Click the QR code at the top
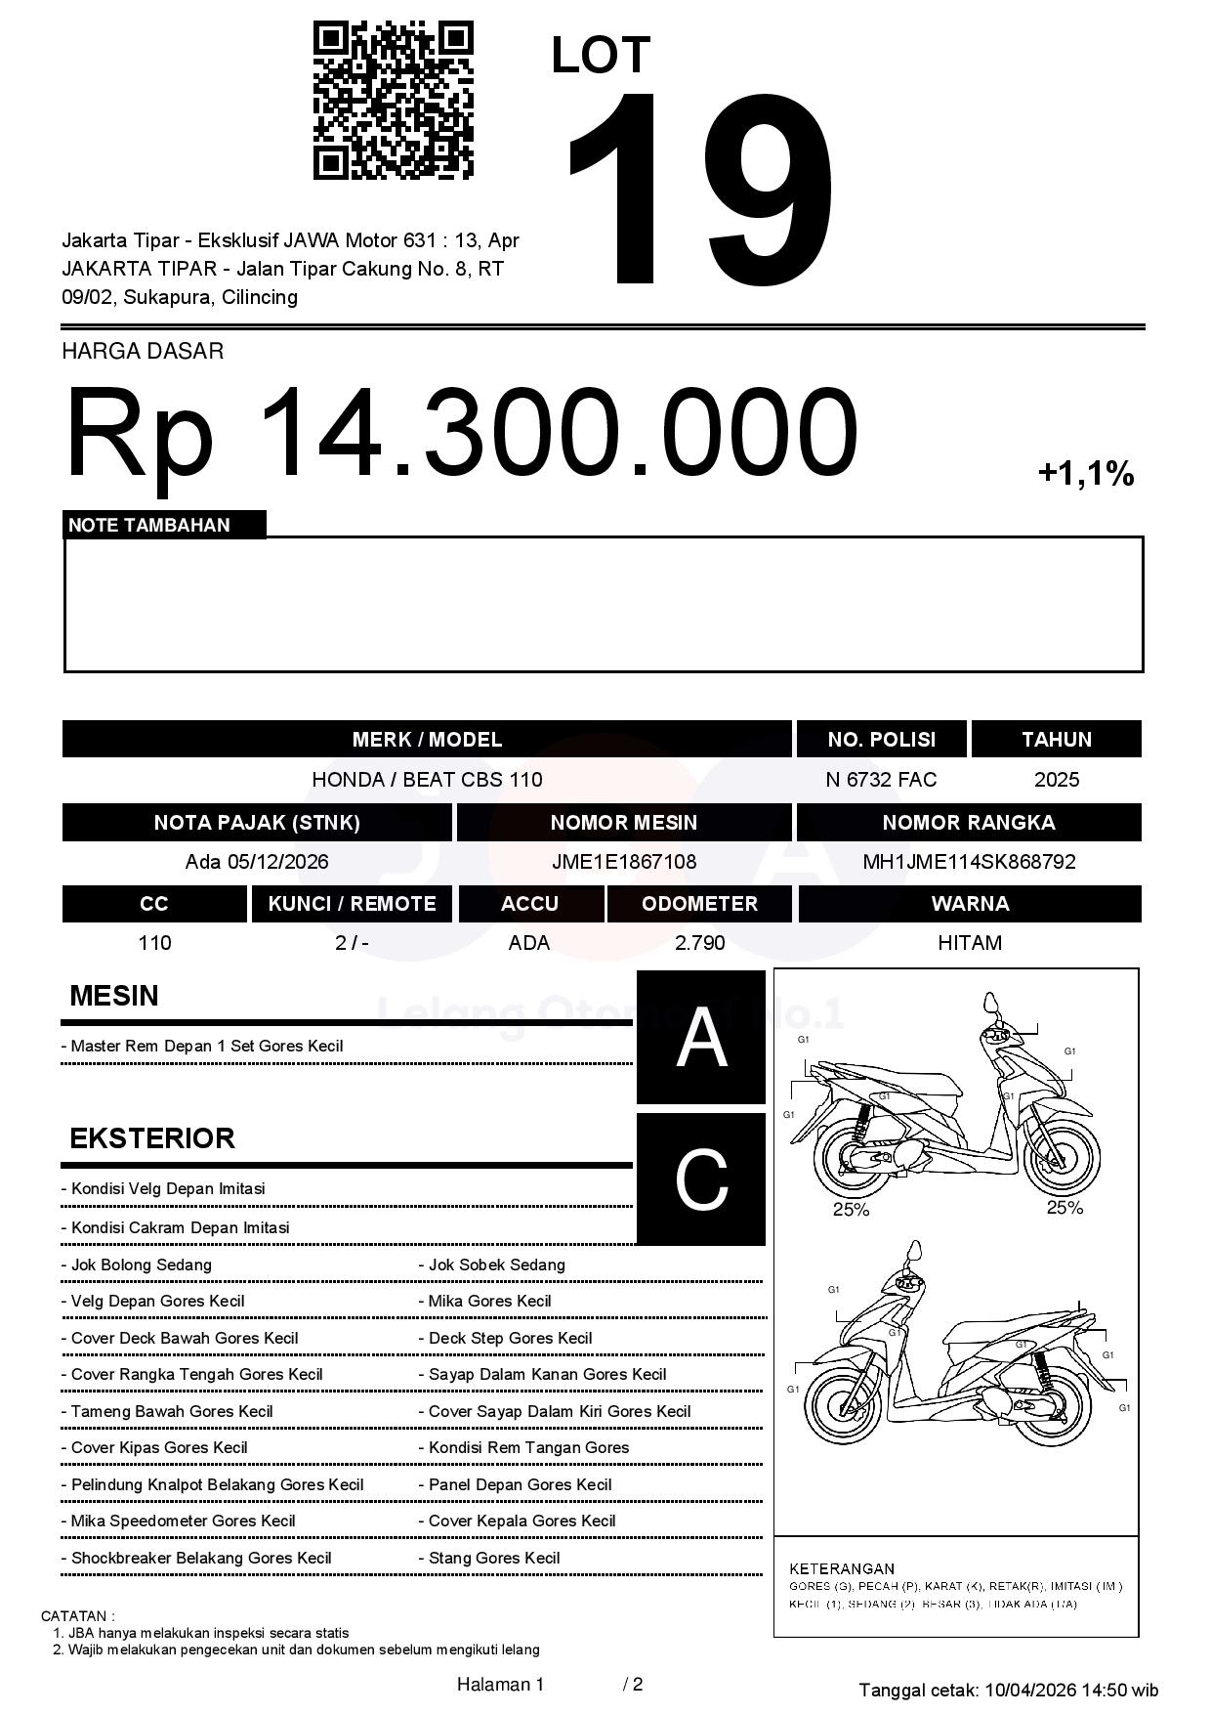393,101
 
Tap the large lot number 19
700,191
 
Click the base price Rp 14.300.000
461,432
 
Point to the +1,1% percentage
1086,474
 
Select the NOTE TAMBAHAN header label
149,526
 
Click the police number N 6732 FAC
881,780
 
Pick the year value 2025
1057,780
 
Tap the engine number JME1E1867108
624,862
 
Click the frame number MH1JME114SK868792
969,862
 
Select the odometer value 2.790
699,943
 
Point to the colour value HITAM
970,943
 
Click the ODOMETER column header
699,904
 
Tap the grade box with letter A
701,1038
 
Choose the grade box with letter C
701,1179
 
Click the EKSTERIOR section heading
152,1138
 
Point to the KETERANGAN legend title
842,1568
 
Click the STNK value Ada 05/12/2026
257,862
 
